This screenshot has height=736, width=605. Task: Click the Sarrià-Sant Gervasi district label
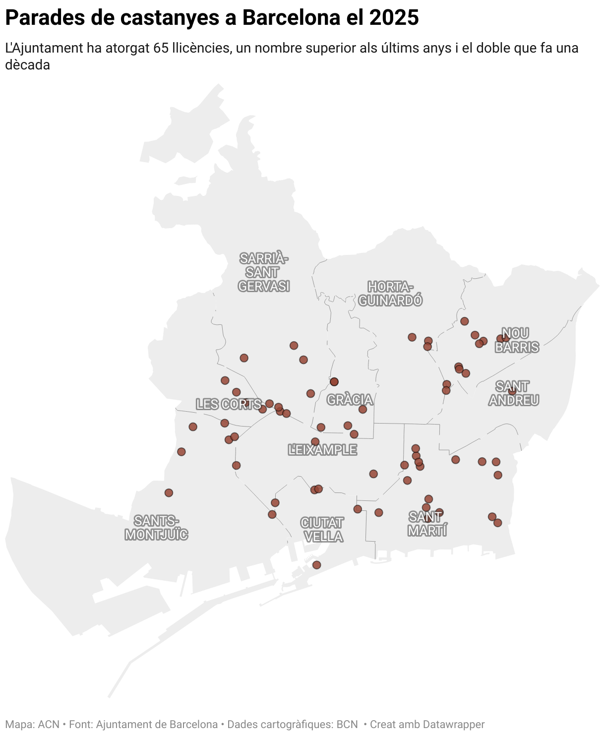263,272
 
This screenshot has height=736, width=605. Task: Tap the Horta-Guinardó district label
390,294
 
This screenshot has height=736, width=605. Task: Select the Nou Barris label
517,340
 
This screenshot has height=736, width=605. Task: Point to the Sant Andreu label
513,393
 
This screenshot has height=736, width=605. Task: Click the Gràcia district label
350,400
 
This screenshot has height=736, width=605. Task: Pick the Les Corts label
228,404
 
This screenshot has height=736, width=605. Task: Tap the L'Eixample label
322,450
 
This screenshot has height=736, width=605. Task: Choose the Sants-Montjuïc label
156,528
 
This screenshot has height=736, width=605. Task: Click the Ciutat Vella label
322,530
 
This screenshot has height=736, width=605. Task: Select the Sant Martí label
427,524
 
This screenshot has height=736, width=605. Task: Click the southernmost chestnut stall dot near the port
316,565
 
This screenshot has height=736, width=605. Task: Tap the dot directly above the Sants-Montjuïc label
169,492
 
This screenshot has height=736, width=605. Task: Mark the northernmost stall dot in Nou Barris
464,321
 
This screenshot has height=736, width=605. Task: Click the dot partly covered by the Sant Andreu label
512,391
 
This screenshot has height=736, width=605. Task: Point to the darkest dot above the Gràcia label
334,381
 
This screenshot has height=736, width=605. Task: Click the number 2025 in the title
394,18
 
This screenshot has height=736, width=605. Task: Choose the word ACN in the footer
49,725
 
